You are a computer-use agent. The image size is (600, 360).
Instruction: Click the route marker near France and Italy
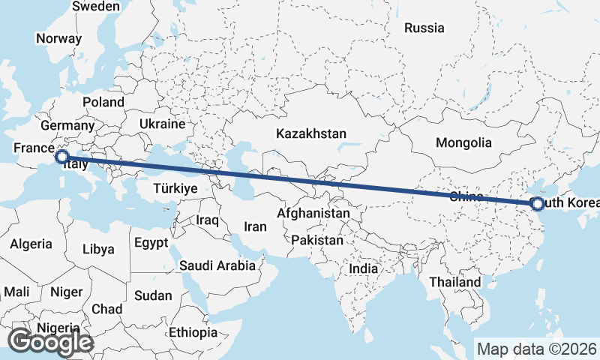62,157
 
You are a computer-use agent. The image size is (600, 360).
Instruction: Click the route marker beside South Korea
537,203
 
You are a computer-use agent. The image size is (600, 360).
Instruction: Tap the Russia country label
424,28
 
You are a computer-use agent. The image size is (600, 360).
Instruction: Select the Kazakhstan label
310,133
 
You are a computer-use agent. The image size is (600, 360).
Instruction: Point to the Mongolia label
463,142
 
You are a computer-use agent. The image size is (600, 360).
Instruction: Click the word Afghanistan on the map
313,214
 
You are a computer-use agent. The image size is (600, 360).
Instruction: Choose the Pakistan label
317,241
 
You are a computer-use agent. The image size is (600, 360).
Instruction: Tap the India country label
363,268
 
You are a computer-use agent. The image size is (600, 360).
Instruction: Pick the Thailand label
455,282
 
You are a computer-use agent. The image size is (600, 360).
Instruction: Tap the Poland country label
103,101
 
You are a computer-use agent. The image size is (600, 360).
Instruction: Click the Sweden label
95,6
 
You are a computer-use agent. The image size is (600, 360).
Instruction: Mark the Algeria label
31,244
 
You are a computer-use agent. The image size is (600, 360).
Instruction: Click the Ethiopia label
193,332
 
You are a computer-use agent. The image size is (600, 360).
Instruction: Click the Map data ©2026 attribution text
536,349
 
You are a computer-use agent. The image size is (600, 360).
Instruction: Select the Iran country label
256,226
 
